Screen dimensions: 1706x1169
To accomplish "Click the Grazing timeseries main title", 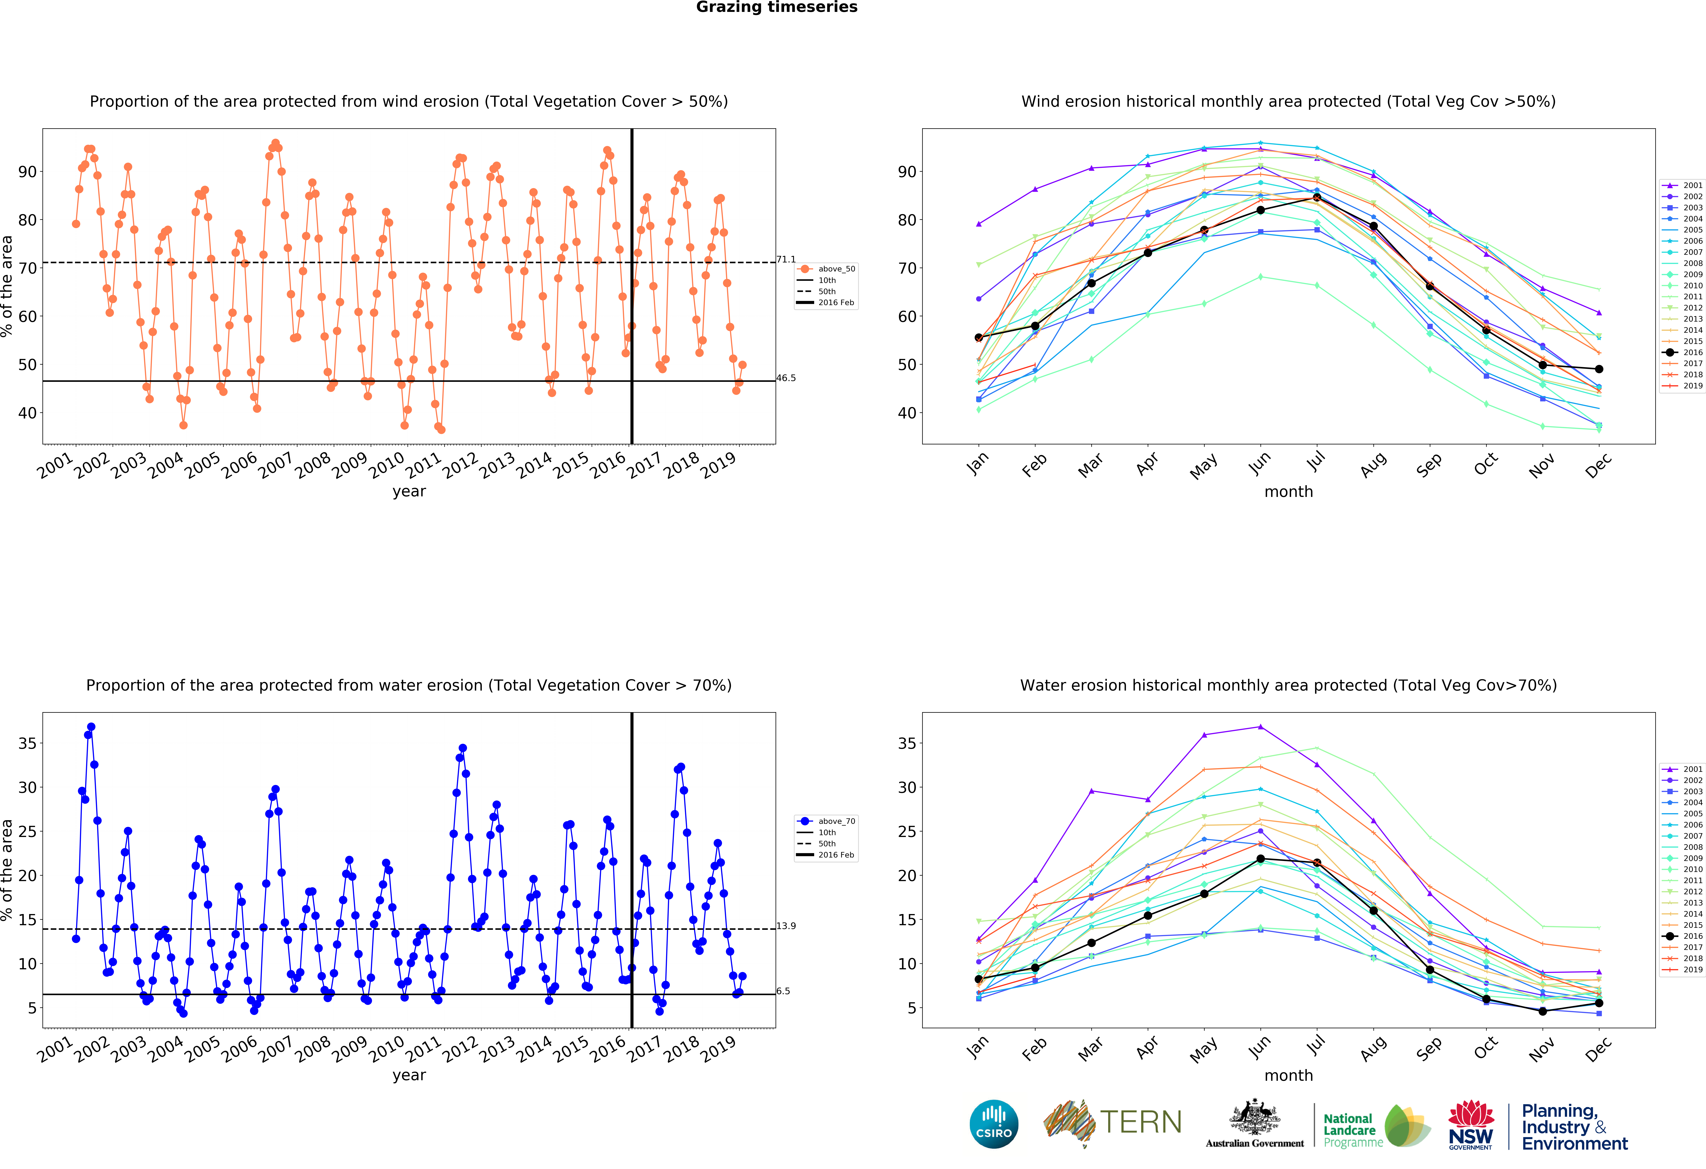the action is click(x=777, y=7).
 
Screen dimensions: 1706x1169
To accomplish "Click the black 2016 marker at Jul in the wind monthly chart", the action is click(x=1317, y=197).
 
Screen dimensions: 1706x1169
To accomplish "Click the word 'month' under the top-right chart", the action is click(x=1288, y=492).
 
